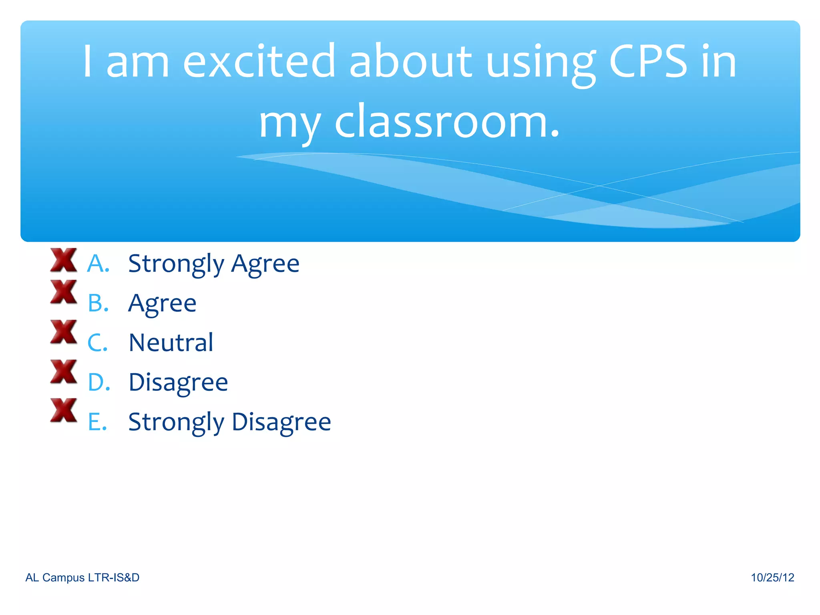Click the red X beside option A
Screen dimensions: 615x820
coord(63,260)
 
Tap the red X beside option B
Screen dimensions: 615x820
coord(63,291)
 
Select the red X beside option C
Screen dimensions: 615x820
coord(63,332)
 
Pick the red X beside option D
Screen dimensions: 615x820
coord(63,371)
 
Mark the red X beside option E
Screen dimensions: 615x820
coord(63,410)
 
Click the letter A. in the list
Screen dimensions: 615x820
coord(98,264)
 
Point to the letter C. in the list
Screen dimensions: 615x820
coord(98,343)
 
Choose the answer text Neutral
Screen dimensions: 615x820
coord(171,343)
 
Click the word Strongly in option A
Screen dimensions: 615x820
coord(176,264)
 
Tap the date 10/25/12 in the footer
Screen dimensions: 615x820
coord(772,577)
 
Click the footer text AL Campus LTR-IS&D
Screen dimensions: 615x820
coord(82,577)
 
